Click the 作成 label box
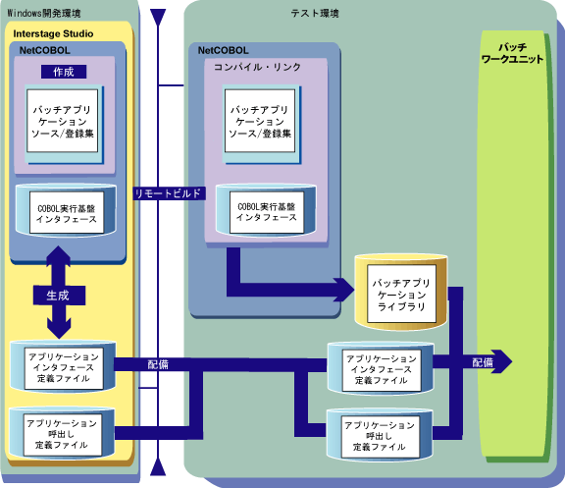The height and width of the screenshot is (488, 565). point(64,72)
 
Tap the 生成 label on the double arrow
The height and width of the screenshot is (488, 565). point(59,296)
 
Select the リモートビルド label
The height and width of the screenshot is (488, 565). point(169,193)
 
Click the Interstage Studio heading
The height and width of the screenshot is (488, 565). point(53,33)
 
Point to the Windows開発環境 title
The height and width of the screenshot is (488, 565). point(43,14)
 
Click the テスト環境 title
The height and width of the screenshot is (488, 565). point(315,14)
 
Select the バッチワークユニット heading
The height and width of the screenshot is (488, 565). point(512,53)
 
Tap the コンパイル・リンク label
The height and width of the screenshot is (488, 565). point(257,67)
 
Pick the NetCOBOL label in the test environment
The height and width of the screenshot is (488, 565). point(224,50)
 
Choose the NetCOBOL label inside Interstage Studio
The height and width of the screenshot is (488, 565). point(45,50)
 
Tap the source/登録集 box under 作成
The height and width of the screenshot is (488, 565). point(63,121)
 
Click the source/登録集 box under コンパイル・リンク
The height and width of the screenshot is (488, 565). point(260,121)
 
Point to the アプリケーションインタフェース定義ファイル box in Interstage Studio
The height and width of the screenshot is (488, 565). point(64,368)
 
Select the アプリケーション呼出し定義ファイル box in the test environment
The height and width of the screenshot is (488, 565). point(381,436)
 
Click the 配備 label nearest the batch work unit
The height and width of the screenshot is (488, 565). point(483,362)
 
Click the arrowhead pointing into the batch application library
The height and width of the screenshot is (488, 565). point(344,290)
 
